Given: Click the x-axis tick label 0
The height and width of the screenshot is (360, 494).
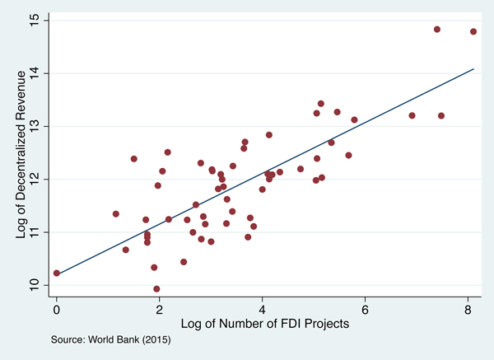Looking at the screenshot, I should coord(56,309).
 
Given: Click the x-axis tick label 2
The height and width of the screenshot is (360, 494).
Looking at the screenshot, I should coord(159,309).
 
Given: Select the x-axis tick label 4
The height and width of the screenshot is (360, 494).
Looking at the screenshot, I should coord(262,309).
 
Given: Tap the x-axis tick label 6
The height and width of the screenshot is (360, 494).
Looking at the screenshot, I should coord(365,309).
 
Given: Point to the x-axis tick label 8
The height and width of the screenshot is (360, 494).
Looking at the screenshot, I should coord(468,309).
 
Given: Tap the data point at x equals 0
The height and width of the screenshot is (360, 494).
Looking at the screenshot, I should coord(56,273).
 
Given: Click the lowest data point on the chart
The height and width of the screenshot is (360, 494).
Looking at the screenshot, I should coord(156,289).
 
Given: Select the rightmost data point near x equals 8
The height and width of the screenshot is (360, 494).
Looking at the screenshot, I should coord(473,31).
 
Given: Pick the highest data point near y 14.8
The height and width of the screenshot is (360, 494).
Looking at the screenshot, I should coord(437,29).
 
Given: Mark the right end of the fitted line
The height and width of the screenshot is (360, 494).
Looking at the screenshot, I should coord(473,69).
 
